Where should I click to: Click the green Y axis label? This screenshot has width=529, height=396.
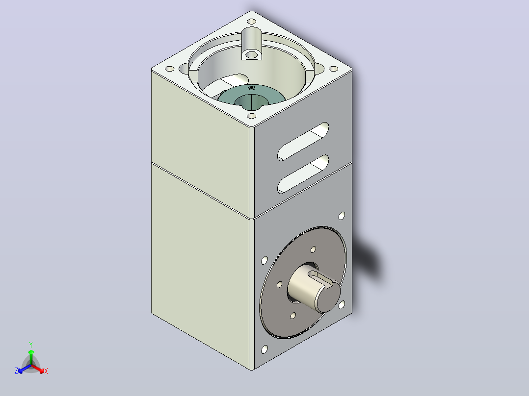31,345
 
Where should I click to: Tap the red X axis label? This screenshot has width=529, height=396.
46,371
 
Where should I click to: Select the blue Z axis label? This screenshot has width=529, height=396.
16,371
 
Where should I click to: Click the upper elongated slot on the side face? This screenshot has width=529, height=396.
303,142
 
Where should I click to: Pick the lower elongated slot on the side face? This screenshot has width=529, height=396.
303,174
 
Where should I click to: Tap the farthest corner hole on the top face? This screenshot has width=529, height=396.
251,22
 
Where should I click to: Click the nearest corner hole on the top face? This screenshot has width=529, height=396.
251,116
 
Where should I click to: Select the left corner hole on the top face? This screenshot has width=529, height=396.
170,69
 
